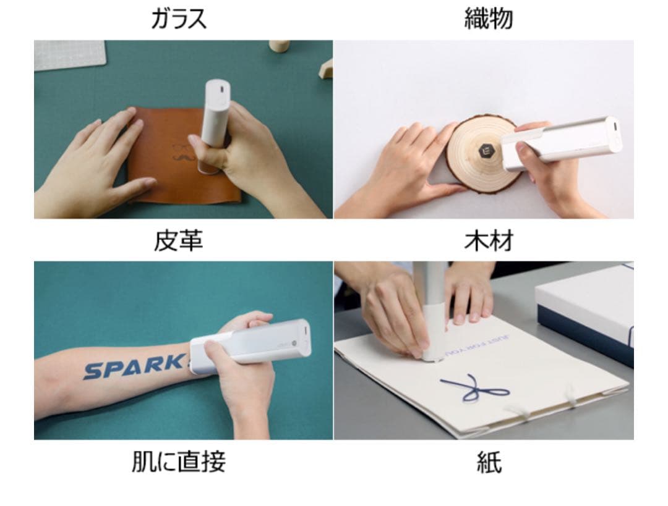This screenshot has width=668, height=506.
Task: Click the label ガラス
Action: point(179,19)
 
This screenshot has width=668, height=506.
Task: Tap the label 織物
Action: point(488,19)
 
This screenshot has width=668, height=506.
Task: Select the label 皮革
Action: point(178,240)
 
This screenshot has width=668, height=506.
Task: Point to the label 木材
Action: point(488,240)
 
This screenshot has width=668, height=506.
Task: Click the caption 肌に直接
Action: point(178,462)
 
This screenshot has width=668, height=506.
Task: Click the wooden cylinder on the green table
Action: point(279,46)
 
